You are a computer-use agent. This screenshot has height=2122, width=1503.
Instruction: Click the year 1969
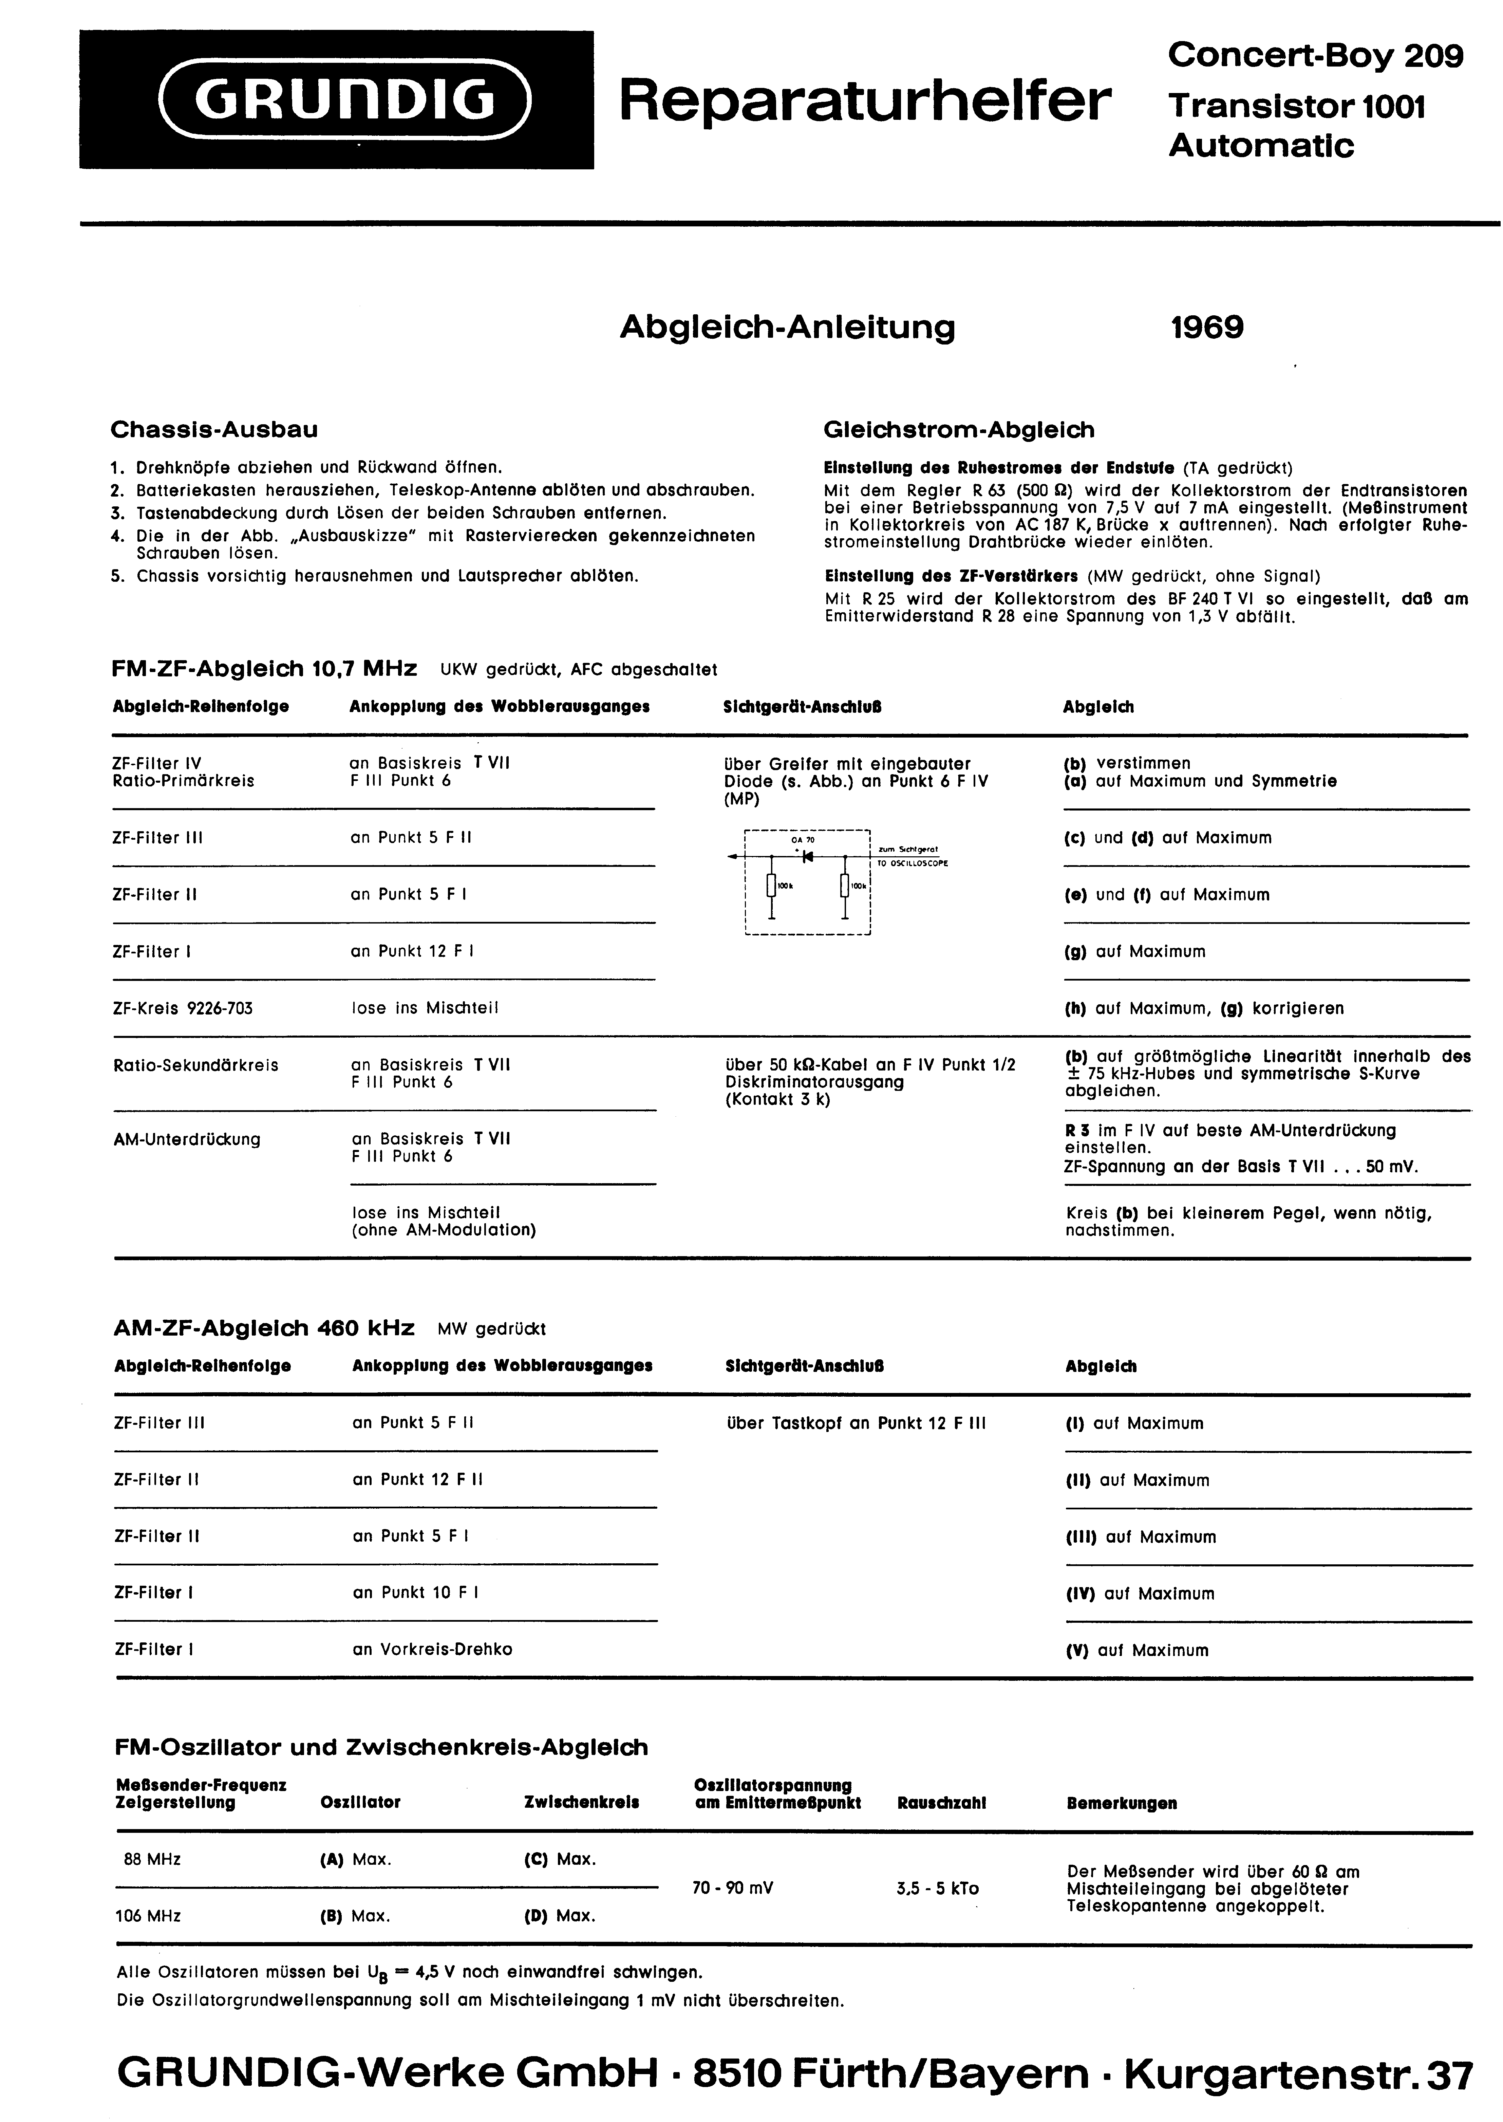(1207, 328)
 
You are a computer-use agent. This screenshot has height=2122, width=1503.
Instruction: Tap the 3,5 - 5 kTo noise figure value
(938, 1888)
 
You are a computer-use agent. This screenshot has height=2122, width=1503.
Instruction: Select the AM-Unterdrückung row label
(187, 1139)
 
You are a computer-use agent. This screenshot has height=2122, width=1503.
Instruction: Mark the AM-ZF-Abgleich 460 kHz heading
(264, 1328)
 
